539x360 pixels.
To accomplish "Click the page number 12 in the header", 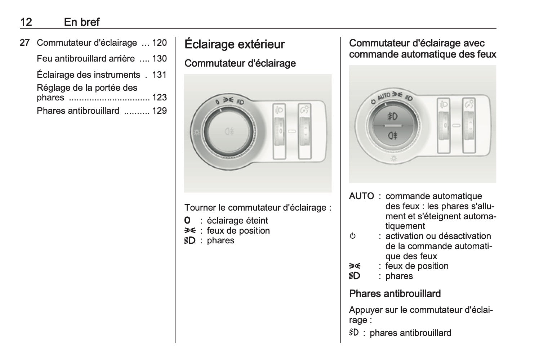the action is pyautogui.click(x=26, y=22).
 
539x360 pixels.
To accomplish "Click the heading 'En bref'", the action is pyautogui.click(x=81, y=22).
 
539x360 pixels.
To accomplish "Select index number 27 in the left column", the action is pyautogui.click(x=24, y=43).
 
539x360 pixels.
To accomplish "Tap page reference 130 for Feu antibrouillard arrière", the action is pyautogui.click(x=159, y=58).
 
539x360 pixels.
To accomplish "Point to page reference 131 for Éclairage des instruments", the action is pyautogui.click(x=159, y=75).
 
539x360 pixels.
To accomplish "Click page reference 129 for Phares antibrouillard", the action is pyautogui.click(x=159, y=111).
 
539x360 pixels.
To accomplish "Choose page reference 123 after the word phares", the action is pyautogui.click(x=159, y=98).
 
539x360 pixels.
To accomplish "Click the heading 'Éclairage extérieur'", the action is pyautogui.click(x=234, y=44).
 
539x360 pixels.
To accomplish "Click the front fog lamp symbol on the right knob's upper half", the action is pyautogui.click(x=392, y=116).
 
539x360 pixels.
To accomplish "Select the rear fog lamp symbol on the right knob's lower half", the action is pyautogui.click(x=392, y=136).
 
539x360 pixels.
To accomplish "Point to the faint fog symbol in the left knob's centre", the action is pyautogui.click(x=229, y=131).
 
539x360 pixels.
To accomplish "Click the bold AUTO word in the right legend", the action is pyautogui.click(x=361, y=196).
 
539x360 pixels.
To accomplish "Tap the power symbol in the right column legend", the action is pyautogui.click(x=352, y=236).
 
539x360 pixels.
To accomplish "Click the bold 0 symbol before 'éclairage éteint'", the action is pyautogui.click(x=187, y=220).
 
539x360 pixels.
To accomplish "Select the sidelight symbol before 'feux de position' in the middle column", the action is pyautogui.click(x=190, y=230).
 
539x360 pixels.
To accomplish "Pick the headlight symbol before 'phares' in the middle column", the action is pyautogui.click(x=190, y=240).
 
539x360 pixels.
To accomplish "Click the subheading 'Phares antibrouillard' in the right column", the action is pyautogui.click(x=395, y=294).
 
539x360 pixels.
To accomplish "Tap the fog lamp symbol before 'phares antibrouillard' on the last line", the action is pyautogui.click(x=354, y=333).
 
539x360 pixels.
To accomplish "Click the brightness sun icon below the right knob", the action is pyautogui.click(x=394, y=158).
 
